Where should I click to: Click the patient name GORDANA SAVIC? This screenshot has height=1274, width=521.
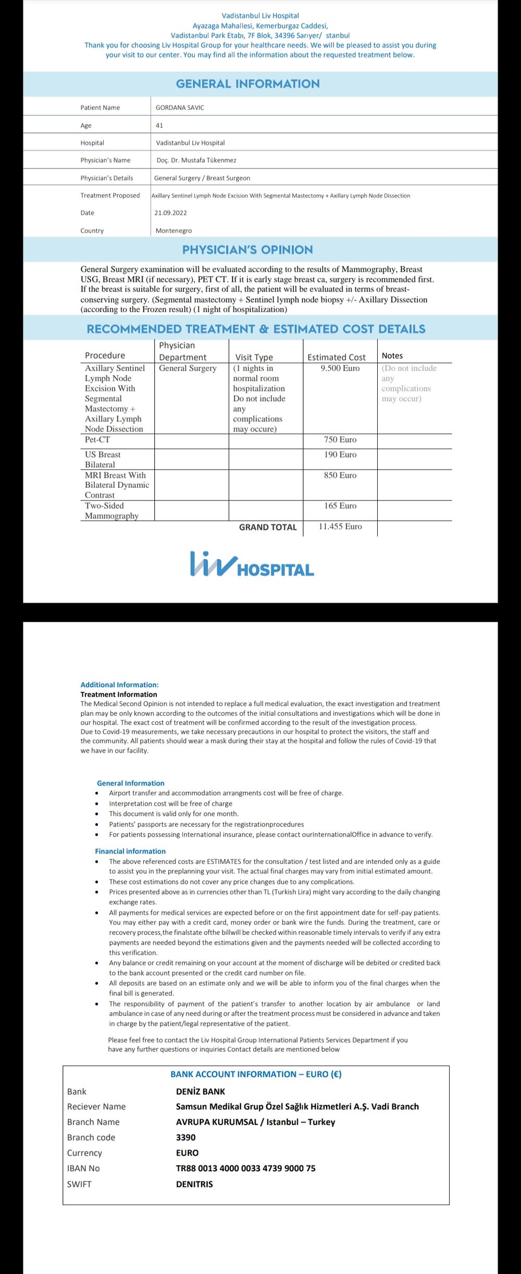(x=180, y=108)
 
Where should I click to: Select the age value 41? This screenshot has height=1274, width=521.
(x=159, y=126)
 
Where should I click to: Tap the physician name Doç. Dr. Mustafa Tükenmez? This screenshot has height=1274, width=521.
(x=196, y=161)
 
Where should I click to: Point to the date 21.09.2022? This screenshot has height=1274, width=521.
(x=170, y=213)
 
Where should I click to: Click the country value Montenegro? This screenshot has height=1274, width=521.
(x=173, y=231)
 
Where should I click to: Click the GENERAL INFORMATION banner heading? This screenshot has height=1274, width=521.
(x=247, y=84)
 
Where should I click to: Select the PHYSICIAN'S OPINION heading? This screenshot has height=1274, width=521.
(x=247, y=250)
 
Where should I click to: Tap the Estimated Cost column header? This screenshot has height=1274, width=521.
(x=336, y=358)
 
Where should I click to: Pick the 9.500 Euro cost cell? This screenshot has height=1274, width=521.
(x=340, y=369)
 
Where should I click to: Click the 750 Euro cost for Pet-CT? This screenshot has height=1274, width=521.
(x=340, y=440)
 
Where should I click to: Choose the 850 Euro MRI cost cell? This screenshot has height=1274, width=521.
(x=340, y=475)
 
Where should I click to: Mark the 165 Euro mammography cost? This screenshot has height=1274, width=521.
(x=340, y=506)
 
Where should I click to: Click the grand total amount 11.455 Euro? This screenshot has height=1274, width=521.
(x=340, y=526)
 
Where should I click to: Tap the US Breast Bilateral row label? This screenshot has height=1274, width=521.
(x=103, y=459)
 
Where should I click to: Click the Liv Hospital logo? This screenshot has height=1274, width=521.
(x=252, y=565)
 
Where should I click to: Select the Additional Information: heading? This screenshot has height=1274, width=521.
(x=119, y=685)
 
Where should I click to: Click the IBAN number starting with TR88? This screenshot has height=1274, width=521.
(x=245, y=1169)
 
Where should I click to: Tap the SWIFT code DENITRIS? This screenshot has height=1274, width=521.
(x=194, y=1184)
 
